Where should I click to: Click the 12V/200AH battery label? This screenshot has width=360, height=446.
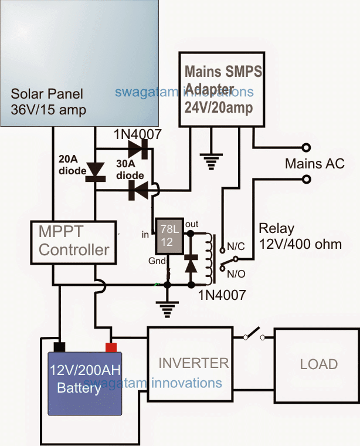(84, 379)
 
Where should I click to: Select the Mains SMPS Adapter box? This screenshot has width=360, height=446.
(222, 88)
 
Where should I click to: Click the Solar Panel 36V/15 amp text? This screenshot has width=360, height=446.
(47, 102)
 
